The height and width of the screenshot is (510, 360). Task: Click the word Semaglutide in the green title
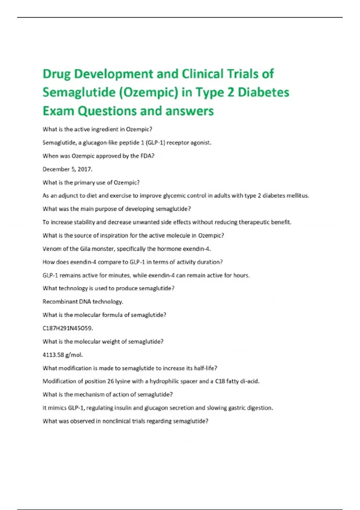click(x=79, y=92)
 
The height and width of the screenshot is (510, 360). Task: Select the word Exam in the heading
click(x=58, y=111)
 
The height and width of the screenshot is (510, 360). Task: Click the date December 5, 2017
click(x=67, y=169)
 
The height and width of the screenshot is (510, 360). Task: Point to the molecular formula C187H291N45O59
click(x=67, y=328)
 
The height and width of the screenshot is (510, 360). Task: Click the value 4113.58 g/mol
click(x=62, y=355)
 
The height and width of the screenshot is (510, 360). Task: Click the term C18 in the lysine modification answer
click(x=220, y=381)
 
